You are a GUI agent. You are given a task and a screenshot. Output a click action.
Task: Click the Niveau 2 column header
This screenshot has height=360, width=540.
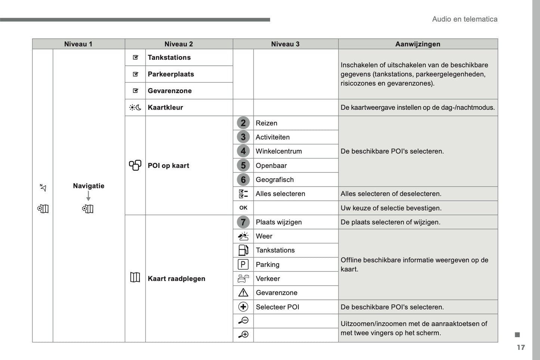(179, 44)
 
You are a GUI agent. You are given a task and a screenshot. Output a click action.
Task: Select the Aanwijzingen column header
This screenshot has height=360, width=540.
(417, 44)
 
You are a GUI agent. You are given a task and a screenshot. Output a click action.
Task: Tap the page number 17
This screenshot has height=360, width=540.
(521, 347)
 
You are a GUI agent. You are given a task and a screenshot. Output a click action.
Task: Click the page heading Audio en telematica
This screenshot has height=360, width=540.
(465, 19)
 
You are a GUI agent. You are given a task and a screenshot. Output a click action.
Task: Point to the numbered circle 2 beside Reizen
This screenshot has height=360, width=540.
(243, 123)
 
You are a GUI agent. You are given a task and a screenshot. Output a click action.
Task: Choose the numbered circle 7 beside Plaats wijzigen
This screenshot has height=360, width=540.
(243, 222)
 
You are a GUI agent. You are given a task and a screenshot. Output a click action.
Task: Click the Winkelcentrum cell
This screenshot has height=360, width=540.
(278, 151)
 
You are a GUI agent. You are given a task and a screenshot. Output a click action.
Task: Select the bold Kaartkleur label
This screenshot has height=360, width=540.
(165, 108)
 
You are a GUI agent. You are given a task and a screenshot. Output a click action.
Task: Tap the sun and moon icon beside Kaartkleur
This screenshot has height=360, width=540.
(135, 108)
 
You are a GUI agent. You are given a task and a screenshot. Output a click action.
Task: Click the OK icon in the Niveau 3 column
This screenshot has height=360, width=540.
(243, 208)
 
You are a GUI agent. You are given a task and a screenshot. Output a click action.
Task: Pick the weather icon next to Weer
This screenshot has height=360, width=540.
(243, 236)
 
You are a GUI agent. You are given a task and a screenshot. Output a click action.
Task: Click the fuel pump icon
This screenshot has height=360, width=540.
(243, 250)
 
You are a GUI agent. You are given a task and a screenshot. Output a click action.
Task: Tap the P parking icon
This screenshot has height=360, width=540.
(243, 265)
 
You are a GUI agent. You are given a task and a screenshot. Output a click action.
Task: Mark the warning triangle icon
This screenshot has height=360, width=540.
(243, 293)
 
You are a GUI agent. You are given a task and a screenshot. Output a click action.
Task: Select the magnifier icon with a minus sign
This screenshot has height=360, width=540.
(243, 321)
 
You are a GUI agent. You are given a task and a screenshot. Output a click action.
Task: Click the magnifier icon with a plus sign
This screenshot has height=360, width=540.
(243, 335)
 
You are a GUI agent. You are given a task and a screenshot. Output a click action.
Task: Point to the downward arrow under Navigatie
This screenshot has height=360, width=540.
(88, 196)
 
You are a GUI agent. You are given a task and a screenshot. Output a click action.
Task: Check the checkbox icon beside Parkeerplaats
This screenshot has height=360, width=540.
(135, 74)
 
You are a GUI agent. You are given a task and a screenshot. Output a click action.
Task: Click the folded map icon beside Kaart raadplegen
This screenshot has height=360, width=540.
(135, 277)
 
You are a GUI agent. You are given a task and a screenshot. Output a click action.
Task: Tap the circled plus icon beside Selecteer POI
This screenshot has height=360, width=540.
(243, 307)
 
